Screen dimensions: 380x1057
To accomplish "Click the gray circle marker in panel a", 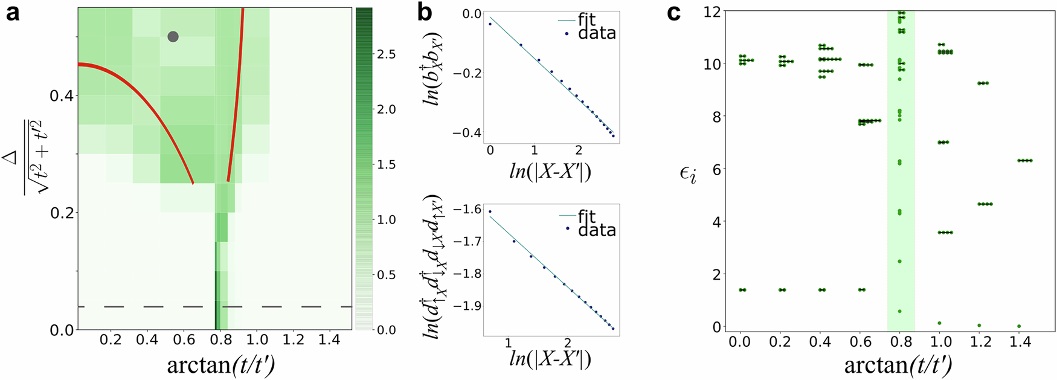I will point(173,37).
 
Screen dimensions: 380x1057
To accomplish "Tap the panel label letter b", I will point(425,12).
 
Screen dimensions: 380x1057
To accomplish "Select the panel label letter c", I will point(674,12).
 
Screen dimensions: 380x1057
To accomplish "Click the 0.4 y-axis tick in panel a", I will point(61,95).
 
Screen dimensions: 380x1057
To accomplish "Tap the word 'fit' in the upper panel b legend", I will point(586,20).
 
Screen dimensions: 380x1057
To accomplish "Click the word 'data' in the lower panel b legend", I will point(597,230).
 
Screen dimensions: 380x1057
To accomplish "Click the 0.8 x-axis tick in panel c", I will point(901,341).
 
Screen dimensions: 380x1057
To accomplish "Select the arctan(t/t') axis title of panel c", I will point(898,364).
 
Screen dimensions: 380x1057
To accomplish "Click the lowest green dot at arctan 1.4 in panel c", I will point(1018,326).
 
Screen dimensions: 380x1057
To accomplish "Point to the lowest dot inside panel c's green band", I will point(900,311).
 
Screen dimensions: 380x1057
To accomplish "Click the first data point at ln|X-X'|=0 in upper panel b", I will point(490,24).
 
